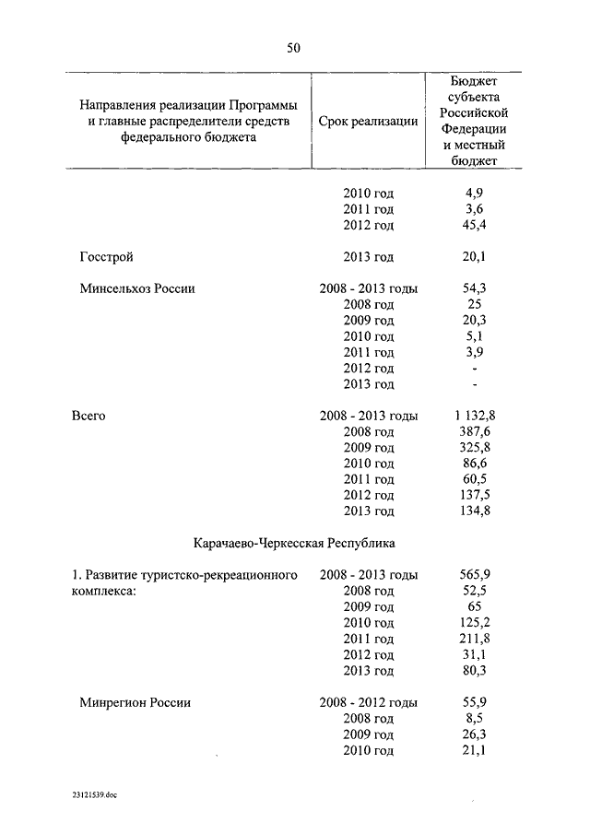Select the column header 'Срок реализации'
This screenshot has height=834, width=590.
368,121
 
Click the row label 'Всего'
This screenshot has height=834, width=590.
88,416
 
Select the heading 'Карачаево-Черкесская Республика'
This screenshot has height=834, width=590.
294,543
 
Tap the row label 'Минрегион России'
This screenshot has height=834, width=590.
135,702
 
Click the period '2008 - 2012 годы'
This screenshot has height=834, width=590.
368,702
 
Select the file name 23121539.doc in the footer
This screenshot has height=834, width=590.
93,793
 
